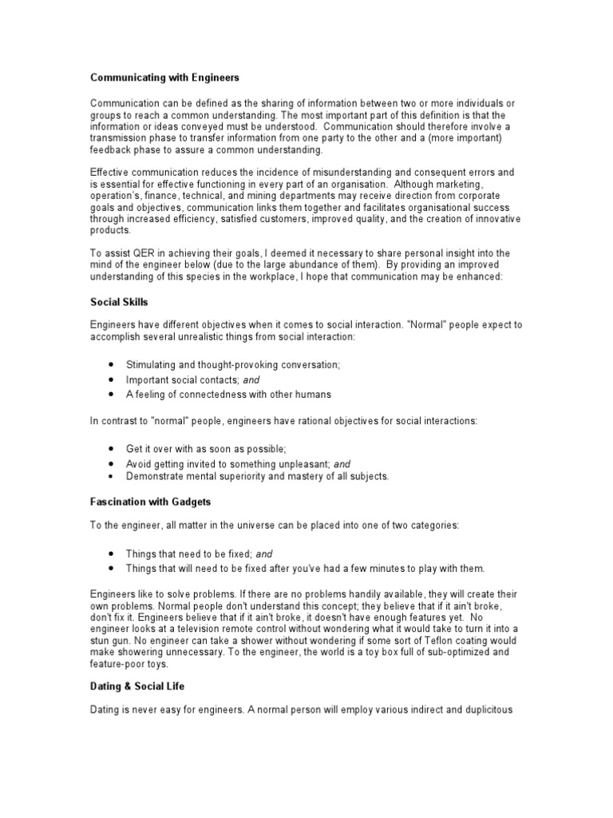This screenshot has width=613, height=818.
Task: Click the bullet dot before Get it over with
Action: coord(109,449)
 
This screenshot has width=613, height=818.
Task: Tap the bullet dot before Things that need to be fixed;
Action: coord(109,554)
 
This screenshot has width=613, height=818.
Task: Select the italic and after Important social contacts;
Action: coord(252,379)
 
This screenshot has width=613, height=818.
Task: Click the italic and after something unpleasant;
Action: coord(342,463)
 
